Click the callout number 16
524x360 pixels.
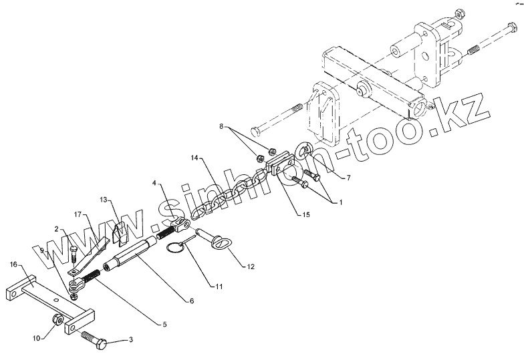coord(13,264)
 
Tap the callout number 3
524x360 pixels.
coord(130,340)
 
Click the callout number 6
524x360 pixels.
coord(192,301)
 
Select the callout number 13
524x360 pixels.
coord(104,199)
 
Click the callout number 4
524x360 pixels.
coord(154,182)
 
